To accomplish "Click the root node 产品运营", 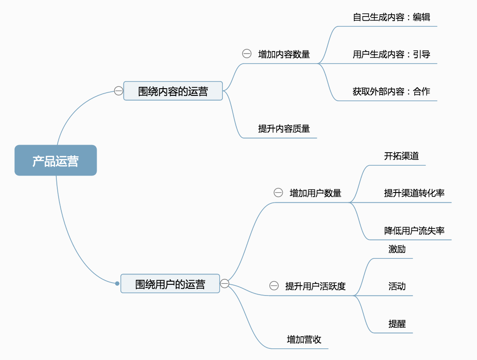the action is tap(55, 160).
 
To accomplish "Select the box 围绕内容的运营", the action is tap(173, 91).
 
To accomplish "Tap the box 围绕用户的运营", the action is tap(170, 283).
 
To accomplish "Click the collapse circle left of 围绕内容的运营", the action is tap(118, 91).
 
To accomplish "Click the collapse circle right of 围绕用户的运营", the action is tap(225, 283).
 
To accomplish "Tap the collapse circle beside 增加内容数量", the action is tap(247, 54).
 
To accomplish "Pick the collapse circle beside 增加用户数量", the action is tap(278, 193).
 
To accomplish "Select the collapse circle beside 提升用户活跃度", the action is tap(274, 286).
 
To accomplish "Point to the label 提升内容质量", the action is tap(284, 129).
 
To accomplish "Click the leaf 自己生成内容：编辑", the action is tap(391, 17).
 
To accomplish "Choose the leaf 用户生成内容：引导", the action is tap(391, 55).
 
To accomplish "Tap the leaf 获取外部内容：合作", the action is tap(391, 91).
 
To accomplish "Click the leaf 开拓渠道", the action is tap(401, 156).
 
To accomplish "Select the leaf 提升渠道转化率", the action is tap(414, 193).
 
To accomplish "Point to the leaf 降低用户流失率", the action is tap(414, 231).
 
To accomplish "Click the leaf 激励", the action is tap(397, 249).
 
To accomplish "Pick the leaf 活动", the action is tap(397, 287).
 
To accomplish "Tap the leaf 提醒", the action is tap(397, 324).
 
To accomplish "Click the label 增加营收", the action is tap(304, 339).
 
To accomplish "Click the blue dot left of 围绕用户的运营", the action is tap(117, 283).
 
